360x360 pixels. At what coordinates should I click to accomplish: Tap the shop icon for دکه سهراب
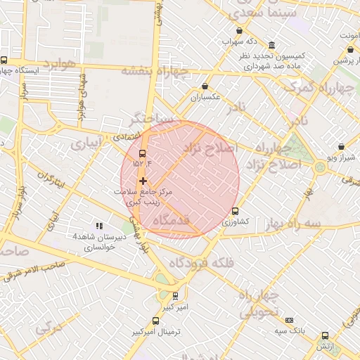(x=241, y=31)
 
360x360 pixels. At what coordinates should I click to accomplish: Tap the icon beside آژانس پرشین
(x=351, y=50)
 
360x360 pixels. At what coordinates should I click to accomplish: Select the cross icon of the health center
(x=143, y=181)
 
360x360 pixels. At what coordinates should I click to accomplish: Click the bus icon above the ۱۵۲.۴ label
(x=143, y=153)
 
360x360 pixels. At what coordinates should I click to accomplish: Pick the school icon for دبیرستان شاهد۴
(x=99, y=226)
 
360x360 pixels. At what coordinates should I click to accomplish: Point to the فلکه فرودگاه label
(x=200, y=263)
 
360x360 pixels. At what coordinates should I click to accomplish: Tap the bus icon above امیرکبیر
(x=175, y=296)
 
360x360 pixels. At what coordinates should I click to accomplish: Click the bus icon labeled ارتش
(x=324, y=335)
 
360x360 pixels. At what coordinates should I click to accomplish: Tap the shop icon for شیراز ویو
(x=342, y=147)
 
